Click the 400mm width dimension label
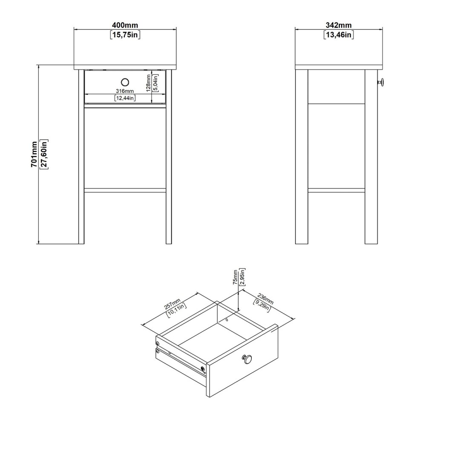point(125,26)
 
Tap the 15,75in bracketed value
point(125,35)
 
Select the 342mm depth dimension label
point(339,26)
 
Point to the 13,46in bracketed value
point(339,35)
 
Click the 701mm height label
point(34,154)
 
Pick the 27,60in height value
point(44,154)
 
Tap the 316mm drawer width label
point(125,91)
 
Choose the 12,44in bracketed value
point(125,98)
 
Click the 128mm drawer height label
point(149,83)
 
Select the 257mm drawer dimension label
point(172,304)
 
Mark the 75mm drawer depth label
point(235,277)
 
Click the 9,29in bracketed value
point(262,305)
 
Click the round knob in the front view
point(125,82)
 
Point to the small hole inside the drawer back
point(227,319)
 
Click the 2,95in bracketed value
point(242,277)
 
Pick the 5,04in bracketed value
point(155,83)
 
